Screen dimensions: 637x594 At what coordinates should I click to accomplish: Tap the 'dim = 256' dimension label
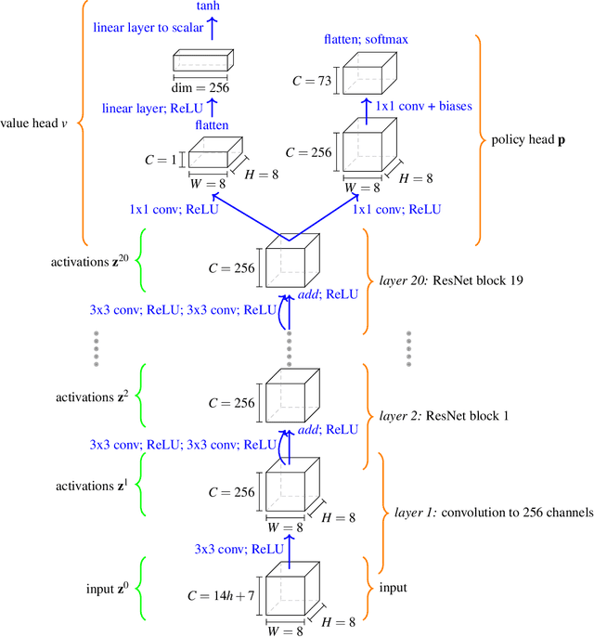[x=201, y=88]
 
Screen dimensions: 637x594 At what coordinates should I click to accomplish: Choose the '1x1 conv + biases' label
[x=423, y=107]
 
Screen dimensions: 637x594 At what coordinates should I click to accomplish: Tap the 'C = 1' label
[x=161, y=159]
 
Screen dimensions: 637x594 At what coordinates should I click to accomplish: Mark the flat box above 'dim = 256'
[x=200, y=63]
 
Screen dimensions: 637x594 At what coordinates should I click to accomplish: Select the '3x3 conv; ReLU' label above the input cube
[x=236, y=549]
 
